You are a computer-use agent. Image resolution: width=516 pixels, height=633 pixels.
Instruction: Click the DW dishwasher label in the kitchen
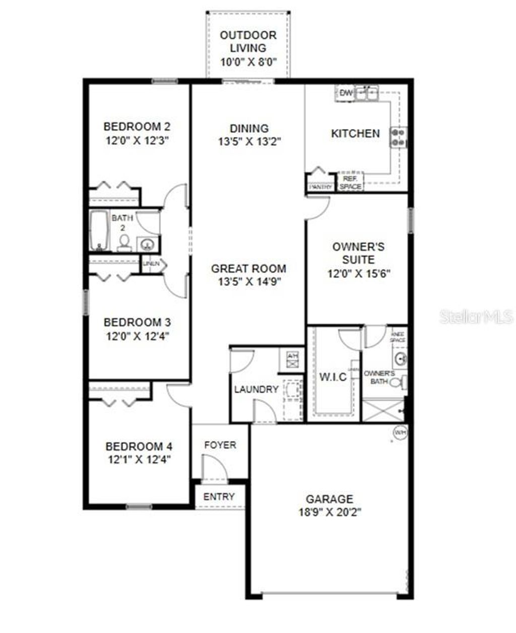coord(345,93)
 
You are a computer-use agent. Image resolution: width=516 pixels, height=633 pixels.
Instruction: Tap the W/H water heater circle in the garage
coord(400,432)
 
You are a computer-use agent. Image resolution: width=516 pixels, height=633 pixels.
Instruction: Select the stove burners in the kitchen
coord(399,138)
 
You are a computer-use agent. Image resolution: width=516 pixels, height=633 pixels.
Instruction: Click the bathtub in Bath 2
coord(99,230)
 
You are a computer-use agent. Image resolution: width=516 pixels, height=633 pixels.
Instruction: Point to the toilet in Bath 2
coord(123,244)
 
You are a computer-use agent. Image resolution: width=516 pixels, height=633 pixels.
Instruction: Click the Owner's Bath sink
coord(401,359)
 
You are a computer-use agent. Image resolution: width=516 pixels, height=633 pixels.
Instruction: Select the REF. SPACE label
coord(350,182)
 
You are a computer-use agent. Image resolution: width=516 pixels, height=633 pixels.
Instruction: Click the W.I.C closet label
coord(333,376)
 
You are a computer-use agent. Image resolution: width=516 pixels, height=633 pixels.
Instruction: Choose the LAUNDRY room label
coord(256,389)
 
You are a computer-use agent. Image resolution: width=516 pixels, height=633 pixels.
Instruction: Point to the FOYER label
coord(220,445)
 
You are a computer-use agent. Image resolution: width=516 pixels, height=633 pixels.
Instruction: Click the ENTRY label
coord(219,496)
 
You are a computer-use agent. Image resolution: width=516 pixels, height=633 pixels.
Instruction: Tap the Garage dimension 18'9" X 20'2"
coord(330,512)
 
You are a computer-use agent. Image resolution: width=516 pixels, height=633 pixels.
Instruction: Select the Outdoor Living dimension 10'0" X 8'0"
coord(249,61)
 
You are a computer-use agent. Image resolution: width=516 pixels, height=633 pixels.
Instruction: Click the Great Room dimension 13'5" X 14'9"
coord(249,282)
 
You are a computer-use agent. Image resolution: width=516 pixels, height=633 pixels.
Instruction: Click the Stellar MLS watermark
coord(476,316)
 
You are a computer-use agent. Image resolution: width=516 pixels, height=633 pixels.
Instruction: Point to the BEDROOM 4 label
coord(139,447)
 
